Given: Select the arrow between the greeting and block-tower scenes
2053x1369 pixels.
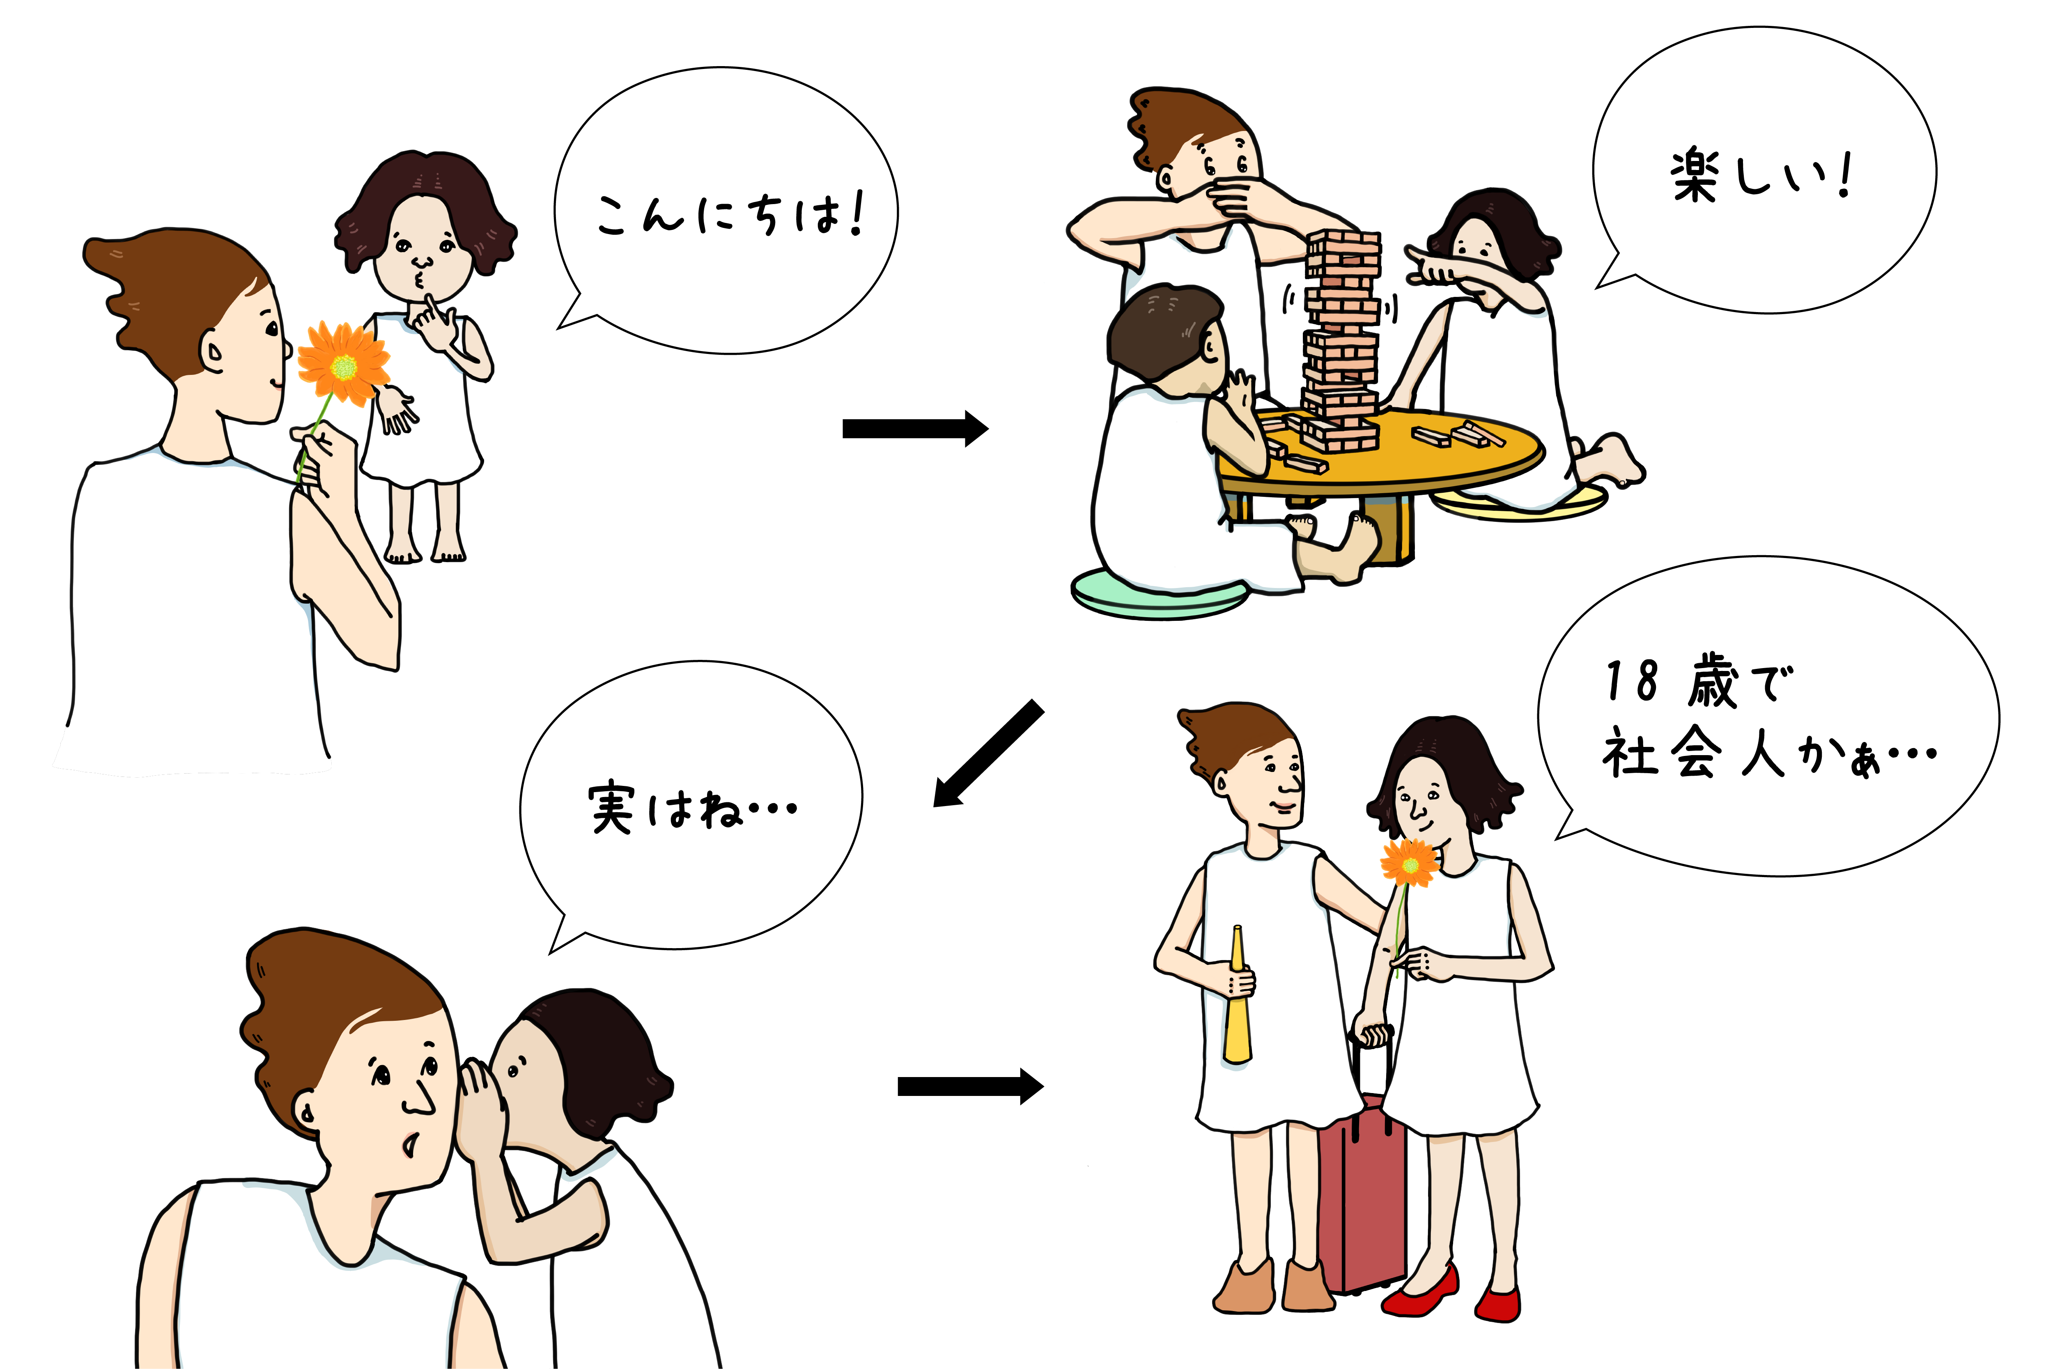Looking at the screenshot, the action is tap(915, 429).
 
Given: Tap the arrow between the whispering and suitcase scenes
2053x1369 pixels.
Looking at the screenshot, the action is tap(971, 1086).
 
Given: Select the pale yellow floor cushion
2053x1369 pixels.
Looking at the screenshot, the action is tap(1519, 504).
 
